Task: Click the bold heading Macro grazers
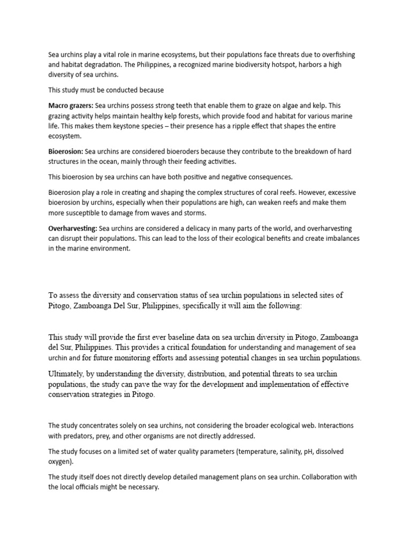point(71,106)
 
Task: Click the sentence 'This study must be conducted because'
point(106,90)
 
